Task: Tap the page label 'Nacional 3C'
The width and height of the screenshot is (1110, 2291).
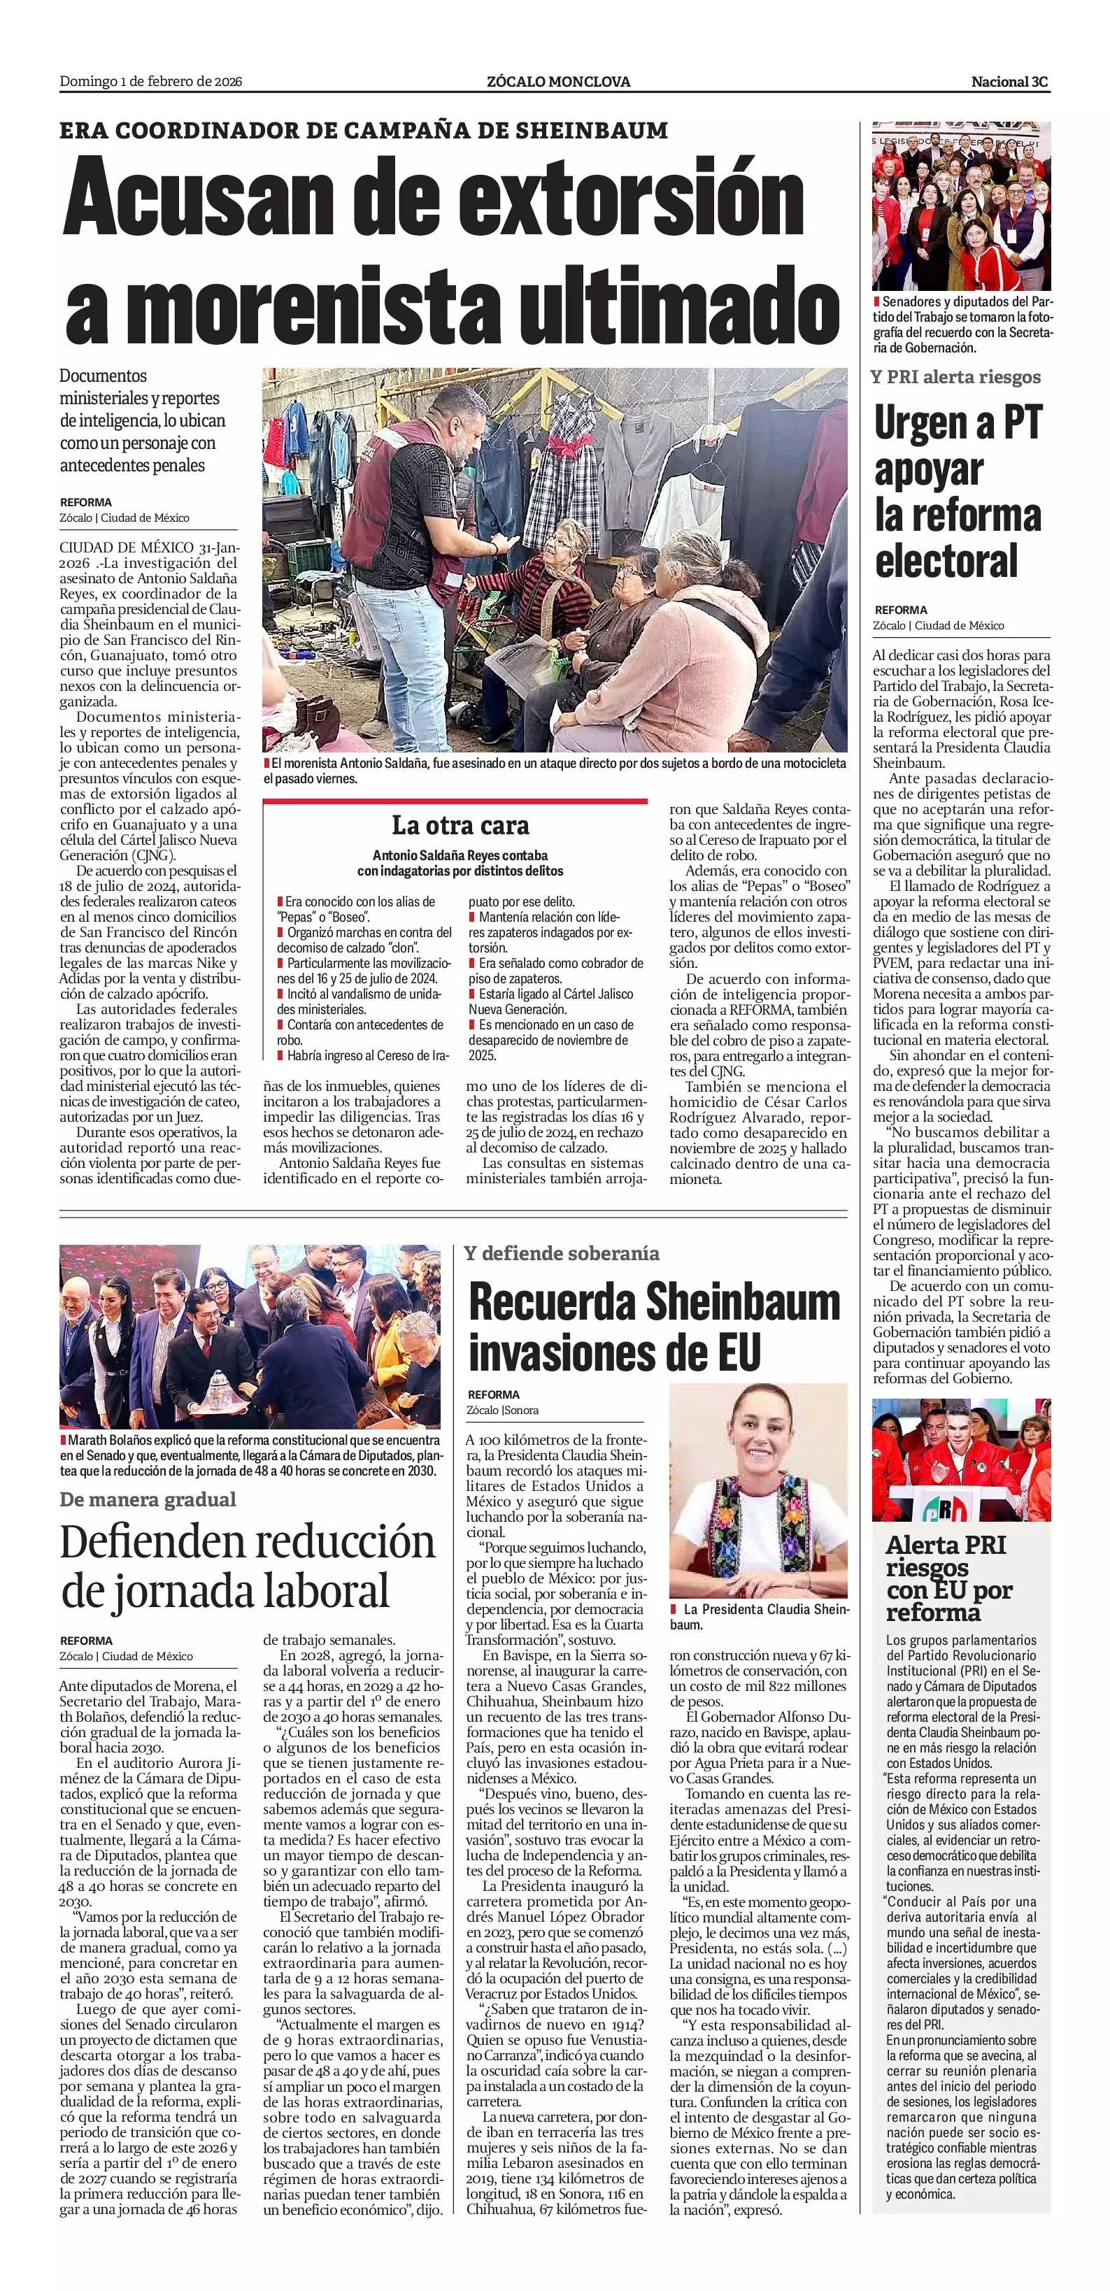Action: tap(1009, 82)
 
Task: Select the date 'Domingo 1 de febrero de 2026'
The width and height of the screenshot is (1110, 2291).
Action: tap(151, 82)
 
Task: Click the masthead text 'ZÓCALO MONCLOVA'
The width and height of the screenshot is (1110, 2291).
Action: tap(559, 82)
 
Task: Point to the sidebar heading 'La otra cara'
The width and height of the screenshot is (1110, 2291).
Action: tap(460, 825)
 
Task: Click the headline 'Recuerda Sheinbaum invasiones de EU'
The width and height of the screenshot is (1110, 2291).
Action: tap(654, 1328)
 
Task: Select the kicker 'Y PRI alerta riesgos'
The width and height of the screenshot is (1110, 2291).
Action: tap(955, 377)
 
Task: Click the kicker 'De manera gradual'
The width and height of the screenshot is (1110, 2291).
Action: tap(148, 1499)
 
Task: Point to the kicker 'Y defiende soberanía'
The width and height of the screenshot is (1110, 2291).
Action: tap(561, 1253)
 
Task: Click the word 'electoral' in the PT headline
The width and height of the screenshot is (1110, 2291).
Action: tap(946, 561)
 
